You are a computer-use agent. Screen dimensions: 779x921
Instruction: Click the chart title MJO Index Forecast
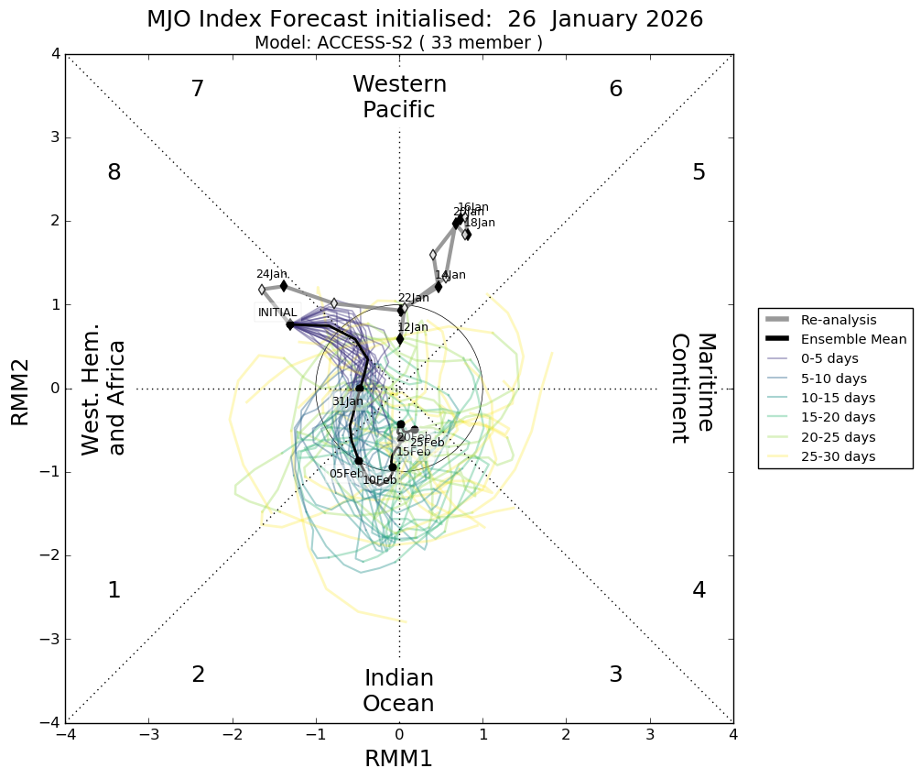click(x=425, y=19)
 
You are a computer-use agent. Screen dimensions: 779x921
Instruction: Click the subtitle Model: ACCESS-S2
click(x=398, y=43)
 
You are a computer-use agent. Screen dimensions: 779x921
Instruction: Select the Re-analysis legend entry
click(x=837, y=320)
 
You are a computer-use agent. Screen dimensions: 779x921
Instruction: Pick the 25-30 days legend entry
click(x=837, y=456)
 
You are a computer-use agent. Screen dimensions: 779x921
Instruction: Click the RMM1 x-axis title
click(x=398, y=759)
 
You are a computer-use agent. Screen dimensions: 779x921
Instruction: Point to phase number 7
click(x=197, y=89)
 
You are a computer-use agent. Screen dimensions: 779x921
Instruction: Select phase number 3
click(x=615, y=675)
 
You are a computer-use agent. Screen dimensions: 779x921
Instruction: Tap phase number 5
click(x=699, y=172)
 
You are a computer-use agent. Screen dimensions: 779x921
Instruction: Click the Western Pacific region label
click(x=399, y=97)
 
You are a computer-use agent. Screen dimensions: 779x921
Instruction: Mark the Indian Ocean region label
click(x=398, y=691)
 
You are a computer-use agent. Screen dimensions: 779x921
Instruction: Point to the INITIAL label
click(x=276, y=313)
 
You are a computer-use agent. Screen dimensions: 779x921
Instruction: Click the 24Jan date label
click(x=271, y=274)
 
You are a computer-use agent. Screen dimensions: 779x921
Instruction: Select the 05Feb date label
click(x=345, y=474)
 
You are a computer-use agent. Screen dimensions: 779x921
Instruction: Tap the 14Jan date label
click(x=450, y=275)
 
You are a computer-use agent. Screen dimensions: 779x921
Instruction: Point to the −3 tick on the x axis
click(x=149, y=735)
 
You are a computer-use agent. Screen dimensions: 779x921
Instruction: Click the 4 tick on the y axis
click(x=55, y=54)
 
